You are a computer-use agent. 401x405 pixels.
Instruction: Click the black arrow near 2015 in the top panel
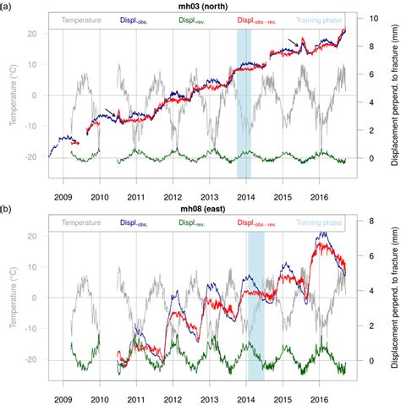[293, 41]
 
